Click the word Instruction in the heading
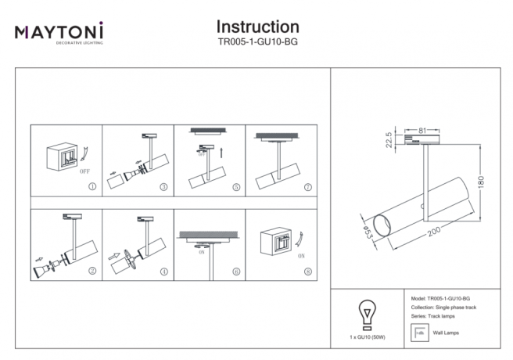coord(257,27)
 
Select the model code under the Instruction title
coord(257,43)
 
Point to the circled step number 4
coord(163,272)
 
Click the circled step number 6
coord(235,272)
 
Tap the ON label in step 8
coord(301,255)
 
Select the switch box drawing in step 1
coord(65,156)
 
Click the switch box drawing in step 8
coord(279,242)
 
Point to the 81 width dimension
coord(422,131)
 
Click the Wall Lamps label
coord(445,333)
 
